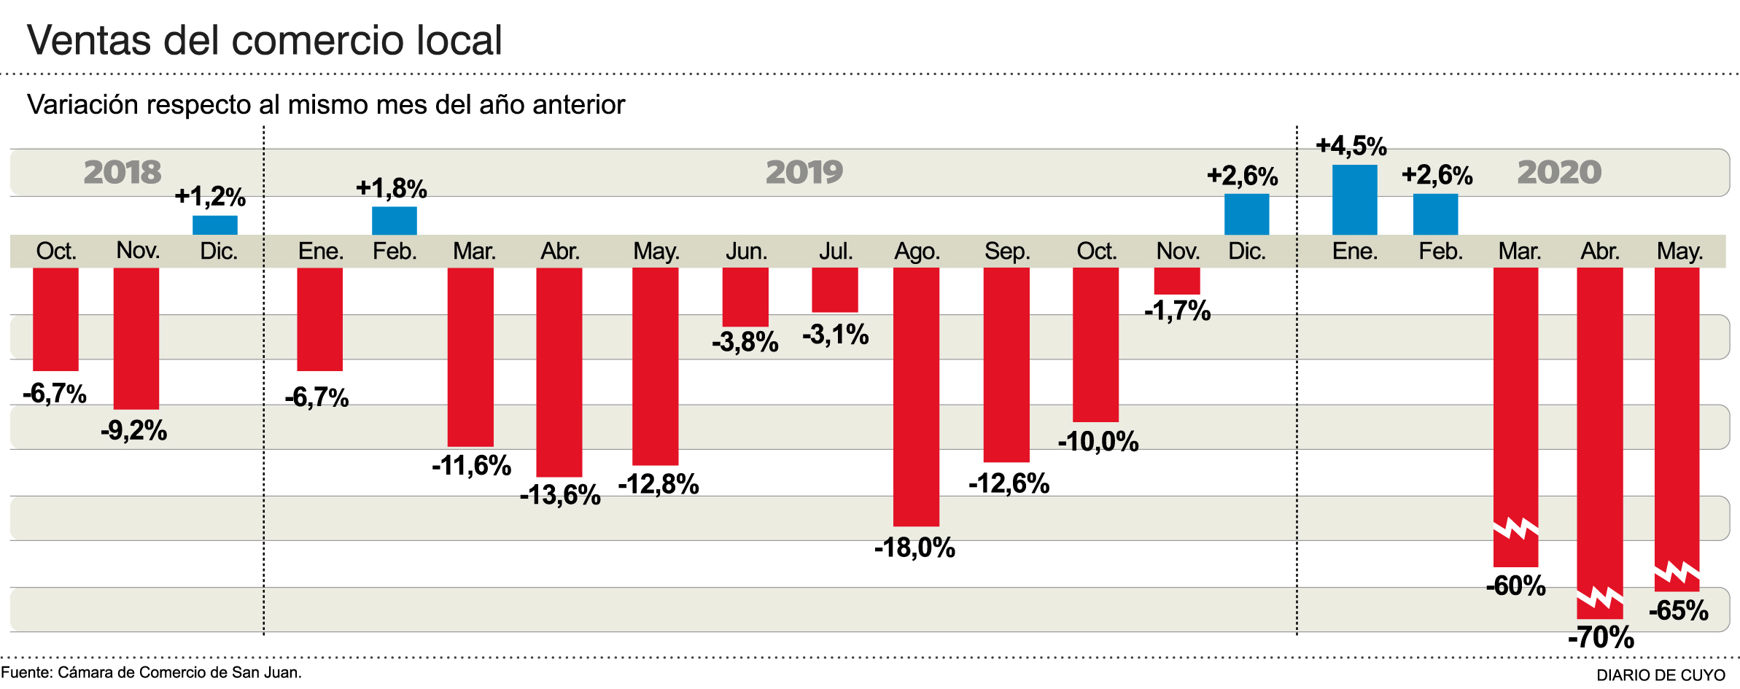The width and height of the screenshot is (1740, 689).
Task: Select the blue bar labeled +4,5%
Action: pos(1354,200)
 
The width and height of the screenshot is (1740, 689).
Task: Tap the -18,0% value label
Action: pos(914,548)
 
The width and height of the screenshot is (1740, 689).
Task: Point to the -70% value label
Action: pos(1601,637)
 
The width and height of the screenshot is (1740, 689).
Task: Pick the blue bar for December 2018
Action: pos(215,225)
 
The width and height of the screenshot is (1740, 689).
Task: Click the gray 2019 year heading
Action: pos(804,172)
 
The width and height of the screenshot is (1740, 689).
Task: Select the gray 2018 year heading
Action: pos(123,172)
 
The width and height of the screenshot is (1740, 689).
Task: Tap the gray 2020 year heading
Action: pos(1559,172)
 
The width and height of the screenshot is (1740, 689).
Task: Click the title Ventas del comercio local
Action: pos(265,40)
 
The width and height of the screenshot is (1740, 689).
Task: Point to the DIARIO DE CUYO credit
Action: pos(1661,675)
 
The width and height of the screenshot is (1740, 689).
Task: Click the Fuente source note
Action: pos(151,672)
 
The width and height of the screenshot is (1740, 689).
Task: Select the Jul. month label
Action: pos(835,252)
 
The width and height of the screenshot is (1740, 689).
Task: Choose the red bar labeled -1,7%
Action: pos(1176,281)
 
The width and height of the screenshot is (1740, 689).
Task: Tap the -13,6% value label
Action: pos(560,495)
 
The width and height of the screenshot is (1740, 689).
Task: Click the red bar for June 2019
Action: pos(745,297)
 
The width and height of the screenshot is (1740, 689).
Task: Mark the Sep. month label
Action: pos(1007,252)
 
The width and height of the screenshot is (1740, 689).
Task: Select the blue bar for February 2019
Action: pos(395,220)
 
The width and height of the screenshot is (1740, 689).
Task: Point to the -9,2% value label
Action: pos(134,430)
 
